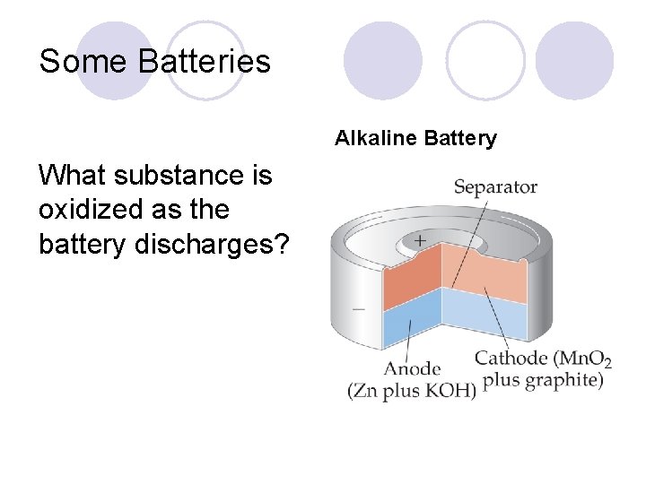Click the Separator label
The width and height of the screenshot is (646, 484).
pyautogui.click(x=495, y=187)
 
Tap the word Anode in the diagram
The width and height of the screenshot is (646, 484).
pyautogui.click(x=413, y=368)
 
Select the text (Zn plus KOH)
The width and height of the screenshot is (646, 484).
pyautogui.click(x=412, y=392)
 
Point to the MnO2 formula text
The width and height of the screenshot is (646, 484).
pyautogui.click(x=583, y=359)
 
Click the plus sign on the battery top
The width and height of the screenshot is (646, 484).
pyautogui.click(x=419, y=241)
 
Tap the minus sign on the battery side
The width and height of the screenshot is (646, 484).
pyautogui.click(x=359, y=308)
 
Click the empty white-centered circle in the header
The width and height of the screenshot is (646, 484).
pyautogui.click(x=485, y=60)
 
